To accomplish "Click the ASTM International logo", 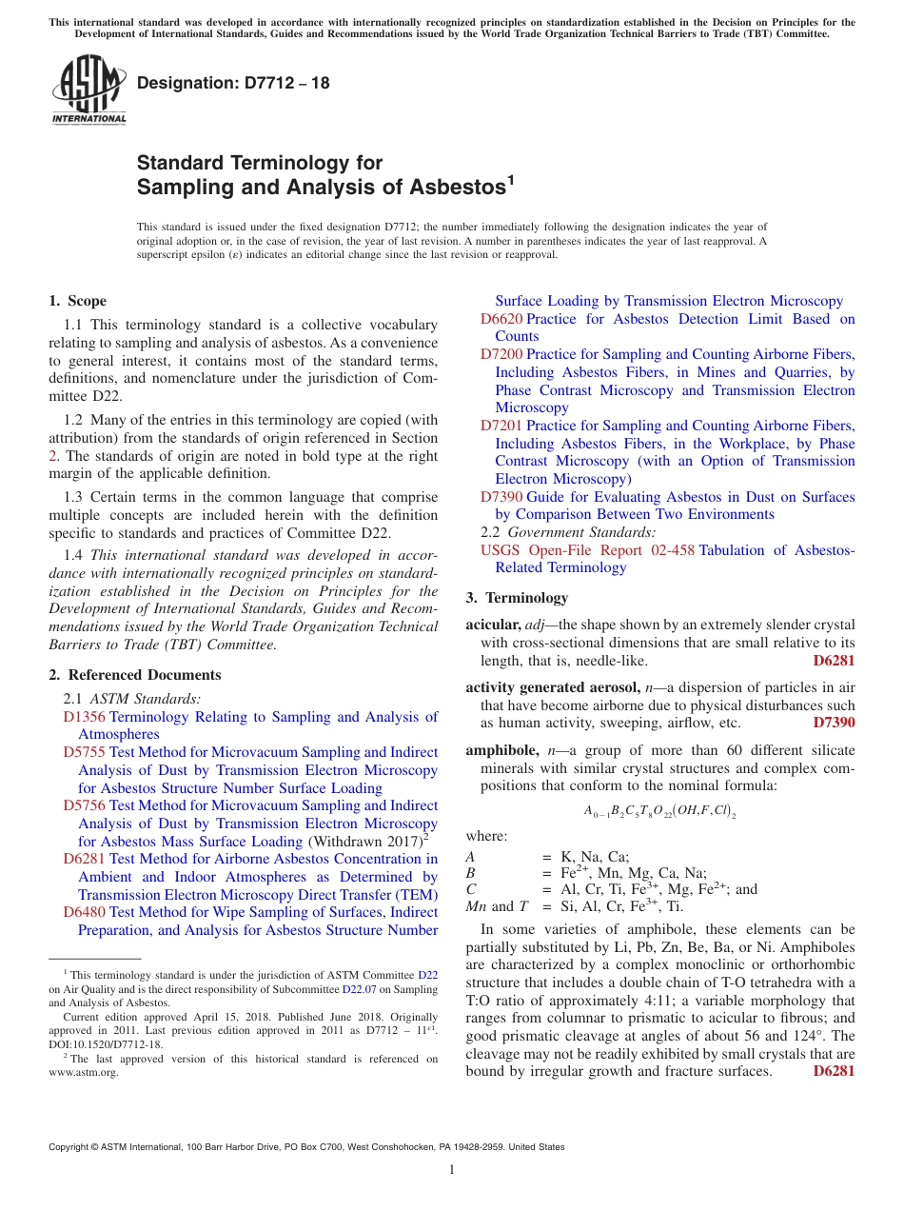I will pos(88,90).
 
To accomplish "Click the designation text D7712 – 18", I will pos(233,83).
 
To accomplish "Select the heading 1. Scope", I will pos(78,301).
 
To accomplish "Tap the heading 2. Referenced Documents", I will pos(135,675).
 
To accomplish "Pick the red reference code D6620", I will pos(501,319).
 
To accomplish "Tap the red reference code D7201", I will pos(501,426).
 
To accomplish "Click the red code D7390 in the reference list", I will pos(501,497).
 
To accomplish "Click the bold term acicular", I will pos(492,625).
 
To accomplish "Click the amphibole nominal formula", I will pos(660,811).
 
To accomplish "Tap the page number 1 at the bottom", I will pos(452,1170).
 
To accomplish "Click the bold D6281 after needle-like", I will pos(834,661).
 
